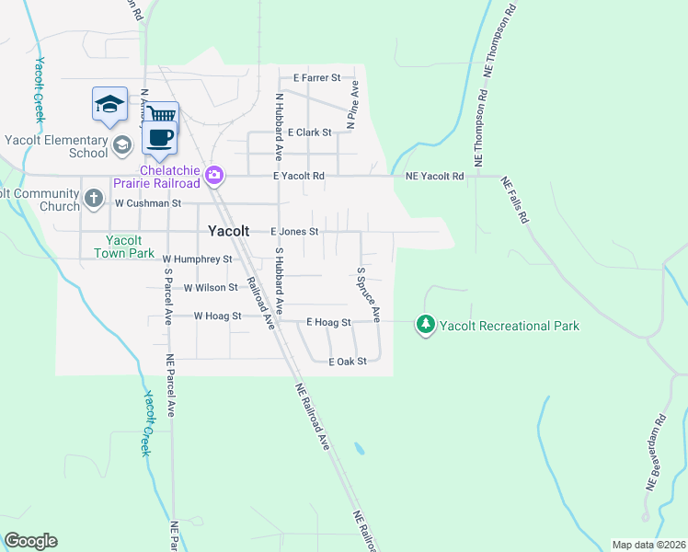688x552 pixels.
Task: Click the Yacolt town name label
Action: [x=229, y=231]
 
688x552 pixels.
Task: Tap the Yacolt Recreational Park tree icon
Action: [x=425, y=325]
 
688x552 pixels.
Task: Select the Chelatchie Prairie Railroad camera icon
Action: [x=214, y=174]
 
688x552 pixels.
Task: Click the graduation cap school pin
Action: [x=109, y=104]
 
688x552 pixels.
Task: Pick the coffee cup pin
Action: [x=159, y=138]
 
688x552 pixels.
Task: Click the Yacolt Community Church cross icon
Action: [x=93, y=198]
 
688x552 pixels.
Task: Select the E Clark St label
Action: [x=309, y=132]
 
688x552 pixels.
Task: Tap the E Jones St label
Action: [x=293, y=232]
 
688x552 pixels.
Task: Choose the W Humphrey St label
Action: [x=197, y=260]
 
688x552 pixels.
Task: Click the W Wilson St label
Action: [x=211, y=288]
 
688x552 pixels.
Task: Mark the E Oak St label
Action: [x=348, y=362]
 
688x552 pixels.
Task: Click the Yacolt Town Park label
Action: [x=124, y=246]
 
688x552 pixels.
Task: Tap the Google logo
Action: [x=30, y=541]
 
